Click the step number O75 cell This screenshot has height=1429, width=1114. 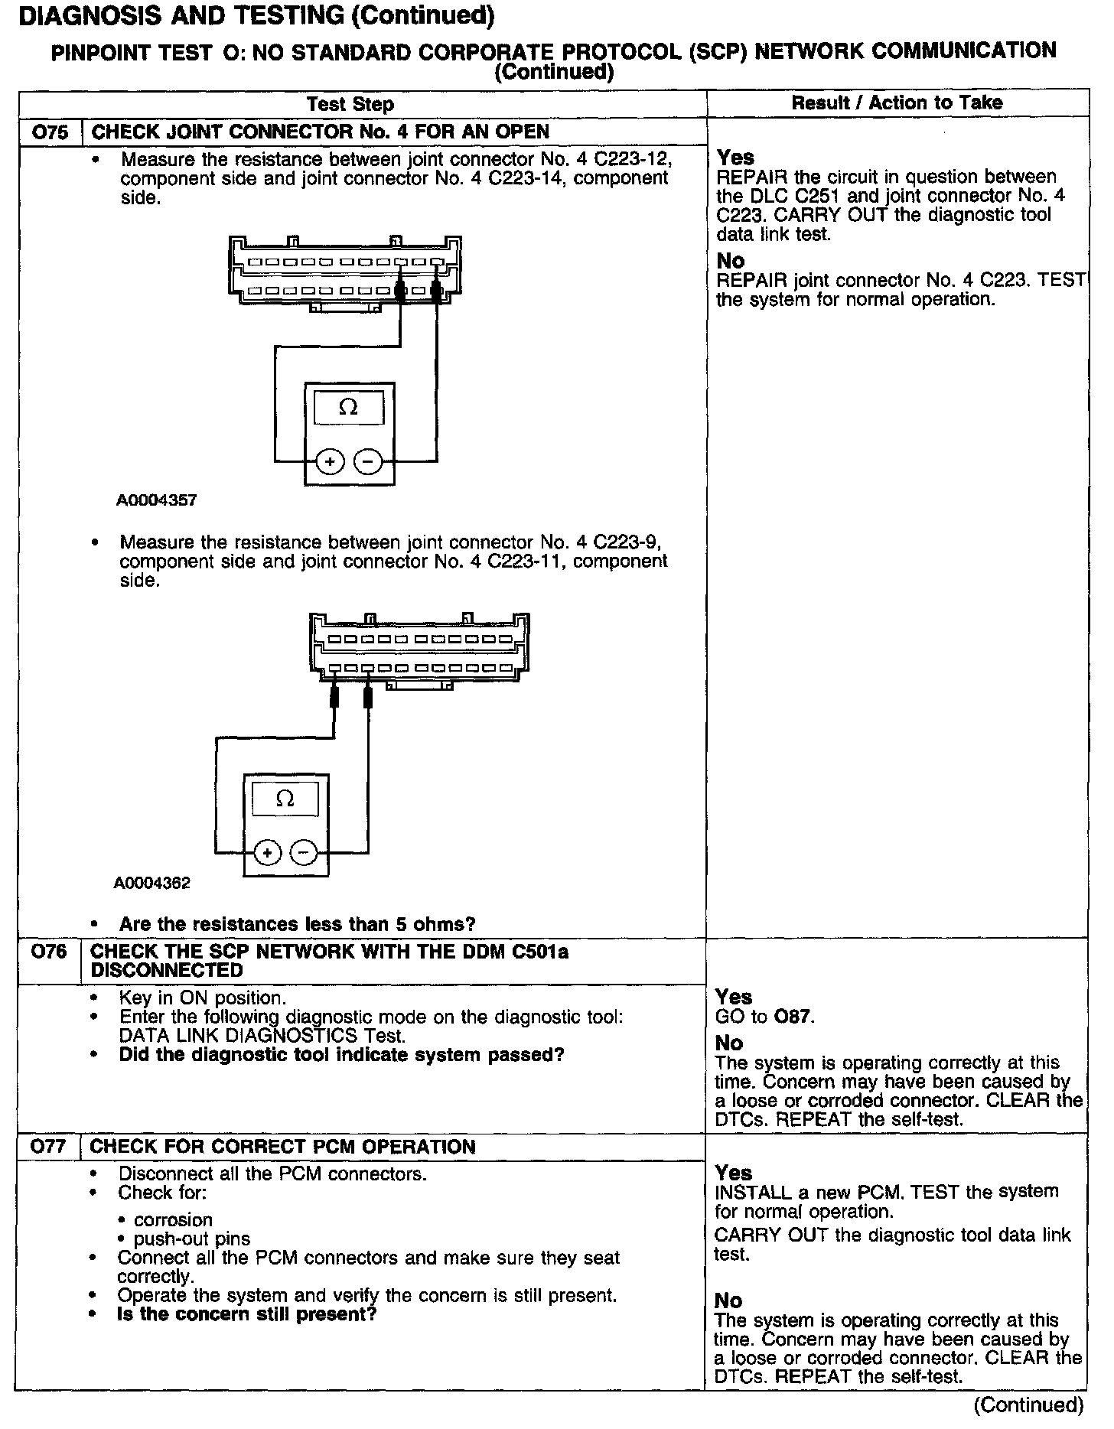[x=50, y=132]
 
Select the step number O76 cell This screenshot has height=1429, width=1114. [x=49, y=952]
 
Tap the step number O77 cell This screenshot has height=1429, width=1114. [x=49, y=1147]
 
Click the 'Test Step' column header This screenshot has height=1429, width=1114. [x=350, y=104]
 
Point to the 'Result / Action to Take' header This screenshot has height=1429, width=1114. [x=897, y=103]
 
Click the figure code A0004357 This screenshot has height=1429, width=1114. [x=157, y=500]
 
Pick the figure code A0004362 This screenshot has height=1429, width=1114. [x=152, y=883]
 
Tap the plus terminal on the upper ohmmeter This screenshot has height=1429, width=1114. [x=330, y=462]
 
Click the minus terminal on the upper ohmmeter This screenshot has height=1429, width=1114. [x=368, y=462]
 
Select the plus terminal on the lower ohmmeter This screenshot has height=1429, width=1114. [x=267, y=852]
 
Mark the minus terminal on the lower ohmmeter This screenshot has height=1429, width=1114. [x=305, y=852]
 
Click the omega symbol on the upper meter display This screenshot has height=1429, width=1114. [x=348, y=407]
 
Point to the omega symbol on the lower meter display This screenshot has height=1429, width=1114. [x=285, y=799]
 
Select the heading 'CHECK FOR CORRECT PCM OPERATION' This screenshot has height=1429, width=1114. [x=282, y=1147]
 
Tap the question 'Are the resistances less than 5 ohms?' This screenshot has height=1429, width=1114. [x=297, y=924]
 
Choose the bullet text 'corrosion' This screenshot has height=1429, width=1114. [x=173, y=1219]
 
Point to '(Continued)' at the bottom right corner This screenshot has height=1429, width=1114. [x=1028, y=1405]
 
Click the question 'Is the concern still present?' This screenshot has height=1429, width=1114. [x=246, y=1314]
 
